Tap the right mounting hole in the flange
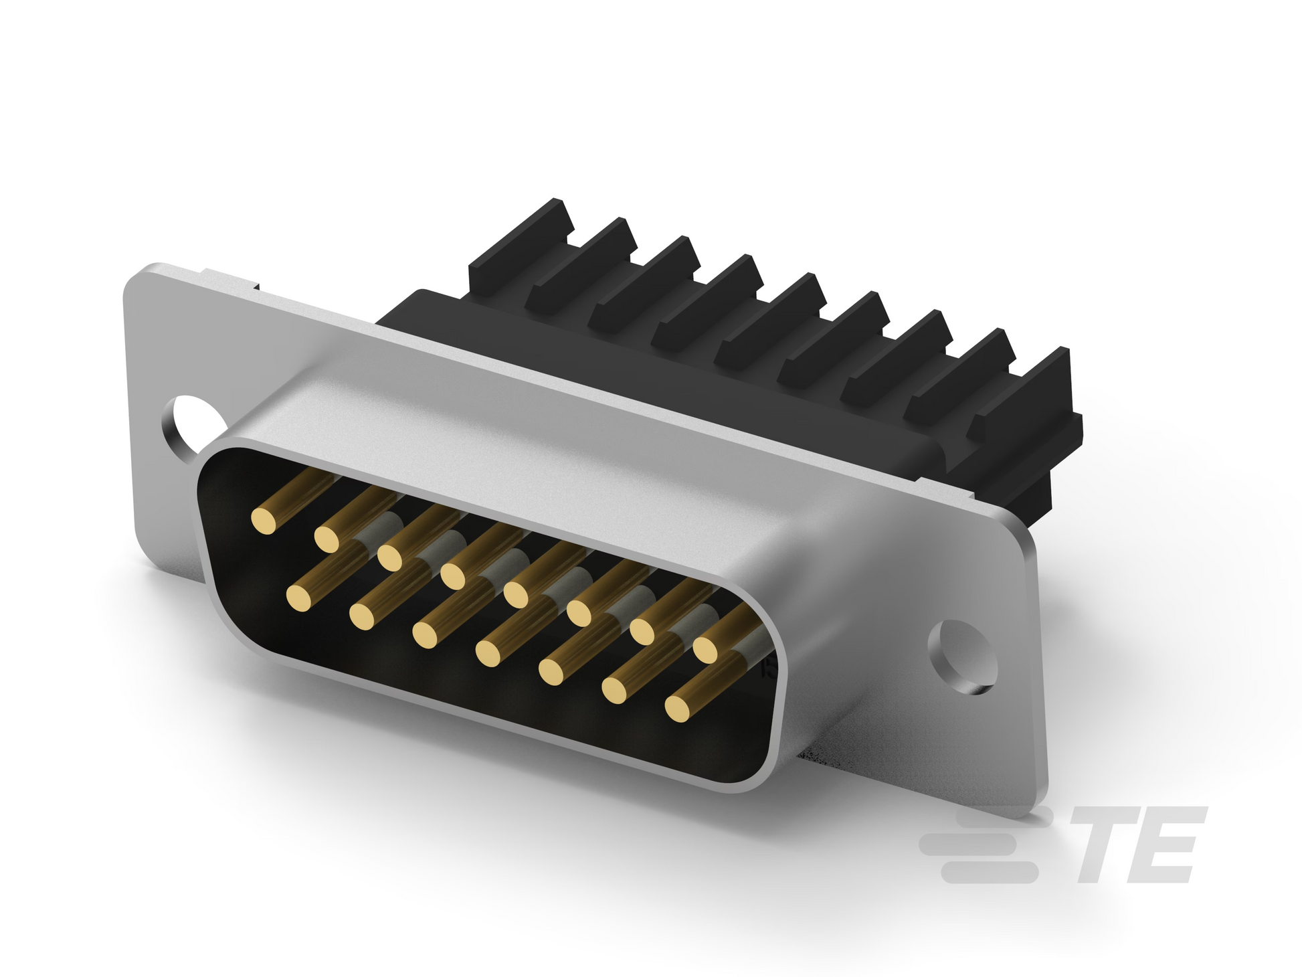click(962, 655)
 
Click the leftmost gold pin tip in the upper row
click(264, 520)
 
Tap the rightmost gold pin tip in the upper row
click(706, 648)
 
